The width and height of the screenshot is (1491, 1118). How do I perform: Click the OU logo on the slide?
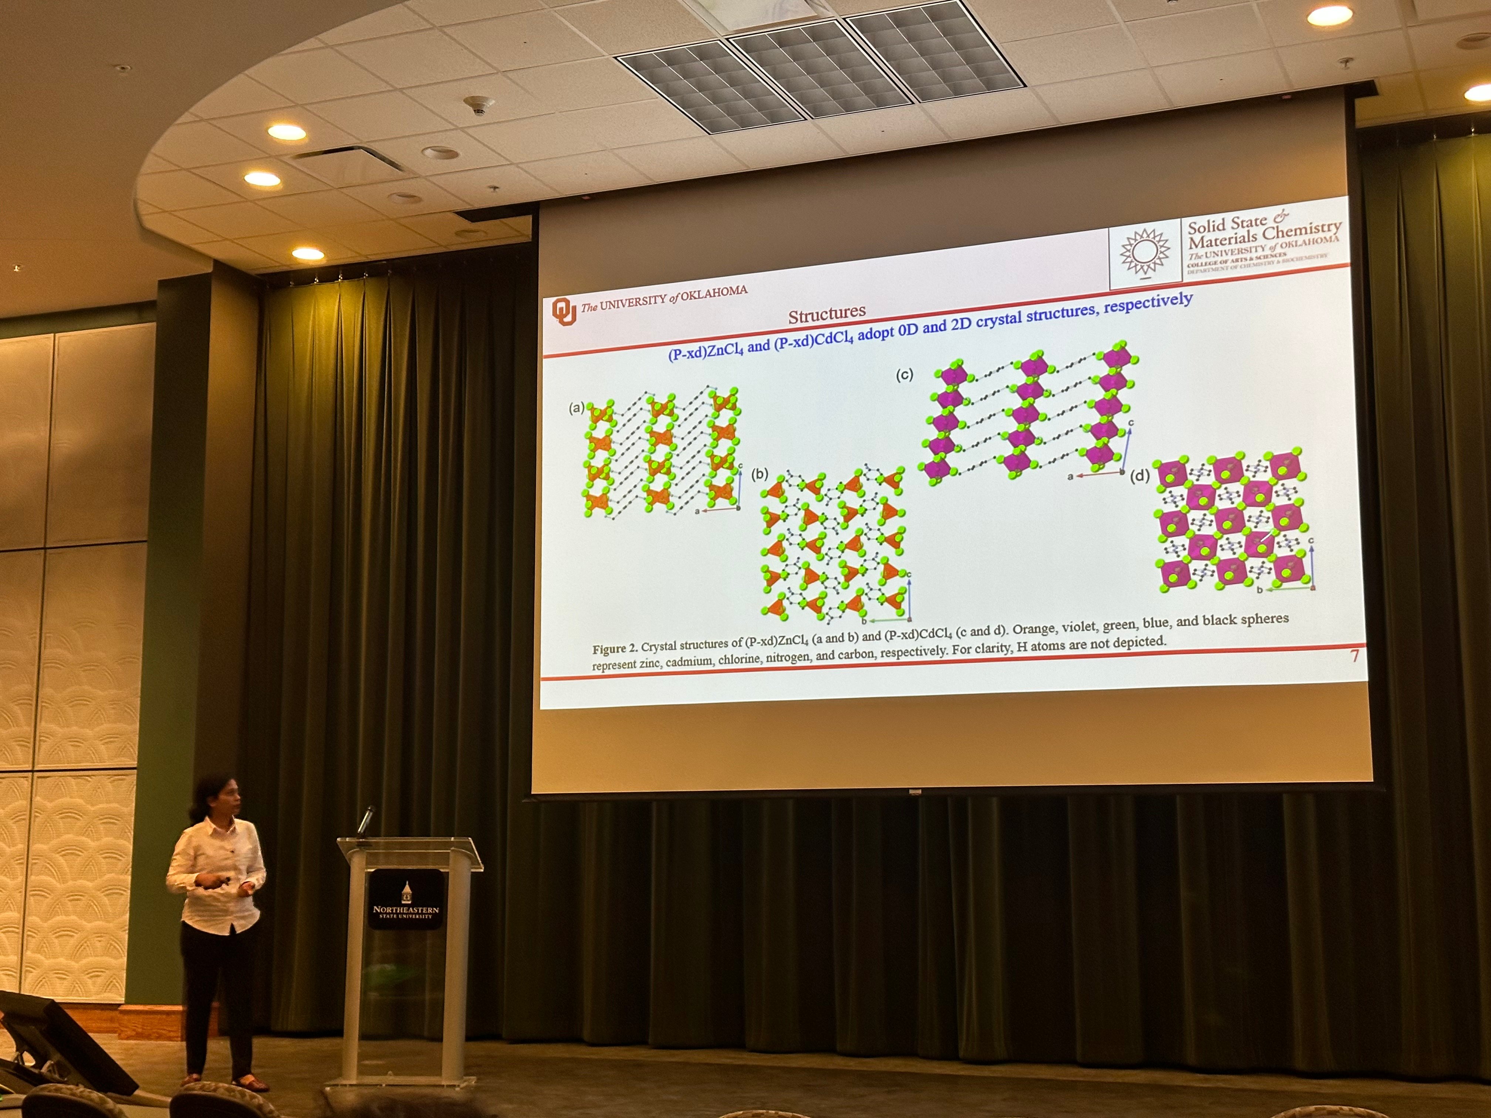pos(564,311)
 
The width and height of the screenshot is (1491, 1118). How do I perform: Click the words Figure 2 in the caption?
pos(614,649)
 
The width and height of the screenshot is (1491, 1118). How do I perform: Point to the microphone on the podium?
pos(366,820)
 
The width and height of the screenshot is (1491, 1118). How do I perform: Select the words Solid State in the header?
pos(1227,223)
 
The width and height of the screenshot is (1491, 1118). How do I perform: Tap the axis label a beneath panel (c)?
pos(1070,477)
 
